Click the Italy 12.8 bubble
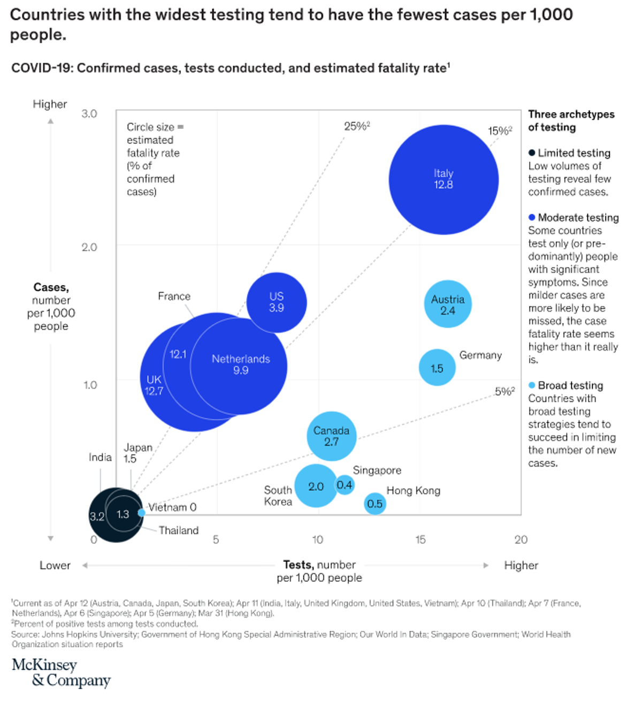click(444, 179)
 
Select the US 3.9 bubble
click(277, 302)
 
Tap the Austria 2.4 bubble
click(448, 304)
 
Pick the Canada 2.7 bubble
click(332, 436)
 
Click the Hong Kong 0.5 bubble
click(375, 504)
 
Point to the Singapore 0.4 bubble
click(345, 485)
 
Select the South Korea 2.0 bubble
click(316, 486)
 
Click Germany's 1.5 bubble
click(437, 368)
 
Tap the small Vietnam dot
click(141, 513)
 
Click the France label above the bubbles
click(174, 296)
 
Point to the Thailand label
click(179, 530)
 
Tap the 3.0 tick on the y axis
click(89, 113)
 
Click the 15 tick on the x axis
click(421, 539)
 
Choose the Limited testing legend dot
click(532, 153)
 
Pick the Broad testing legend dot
click(532, 385)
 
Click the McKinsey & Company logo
click(61, 673)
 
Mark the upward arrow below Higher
click(51, 121)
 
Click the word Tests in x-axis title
click(297, 565)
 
